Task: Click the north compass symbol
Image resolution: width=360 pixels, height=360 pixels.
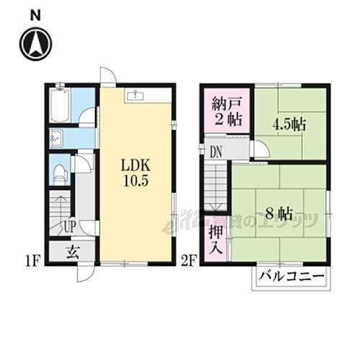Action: pyautogui.click(x=35, y=44)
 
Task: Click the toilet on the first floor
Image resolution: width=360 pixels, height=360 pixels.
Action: pyautogui.click(x=60, y=173)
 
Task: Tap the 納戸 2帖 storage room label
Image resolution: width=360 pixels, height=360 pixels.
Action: pyautogui.click(x=226, y=110)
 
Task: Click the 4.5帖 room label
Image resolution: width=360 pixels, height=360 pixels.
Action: pyautogui.click(x=288, y=124)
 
